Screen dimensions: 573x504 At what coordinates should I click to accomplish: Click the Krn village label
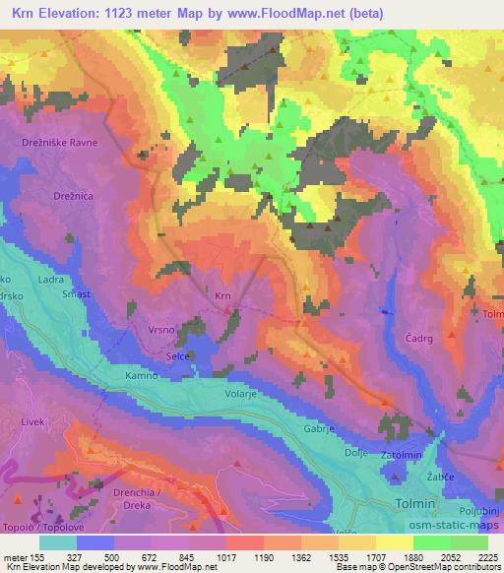tap(222, 293)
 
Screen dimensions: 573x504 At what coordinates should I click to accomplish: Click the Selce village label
tap(178, 355)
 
